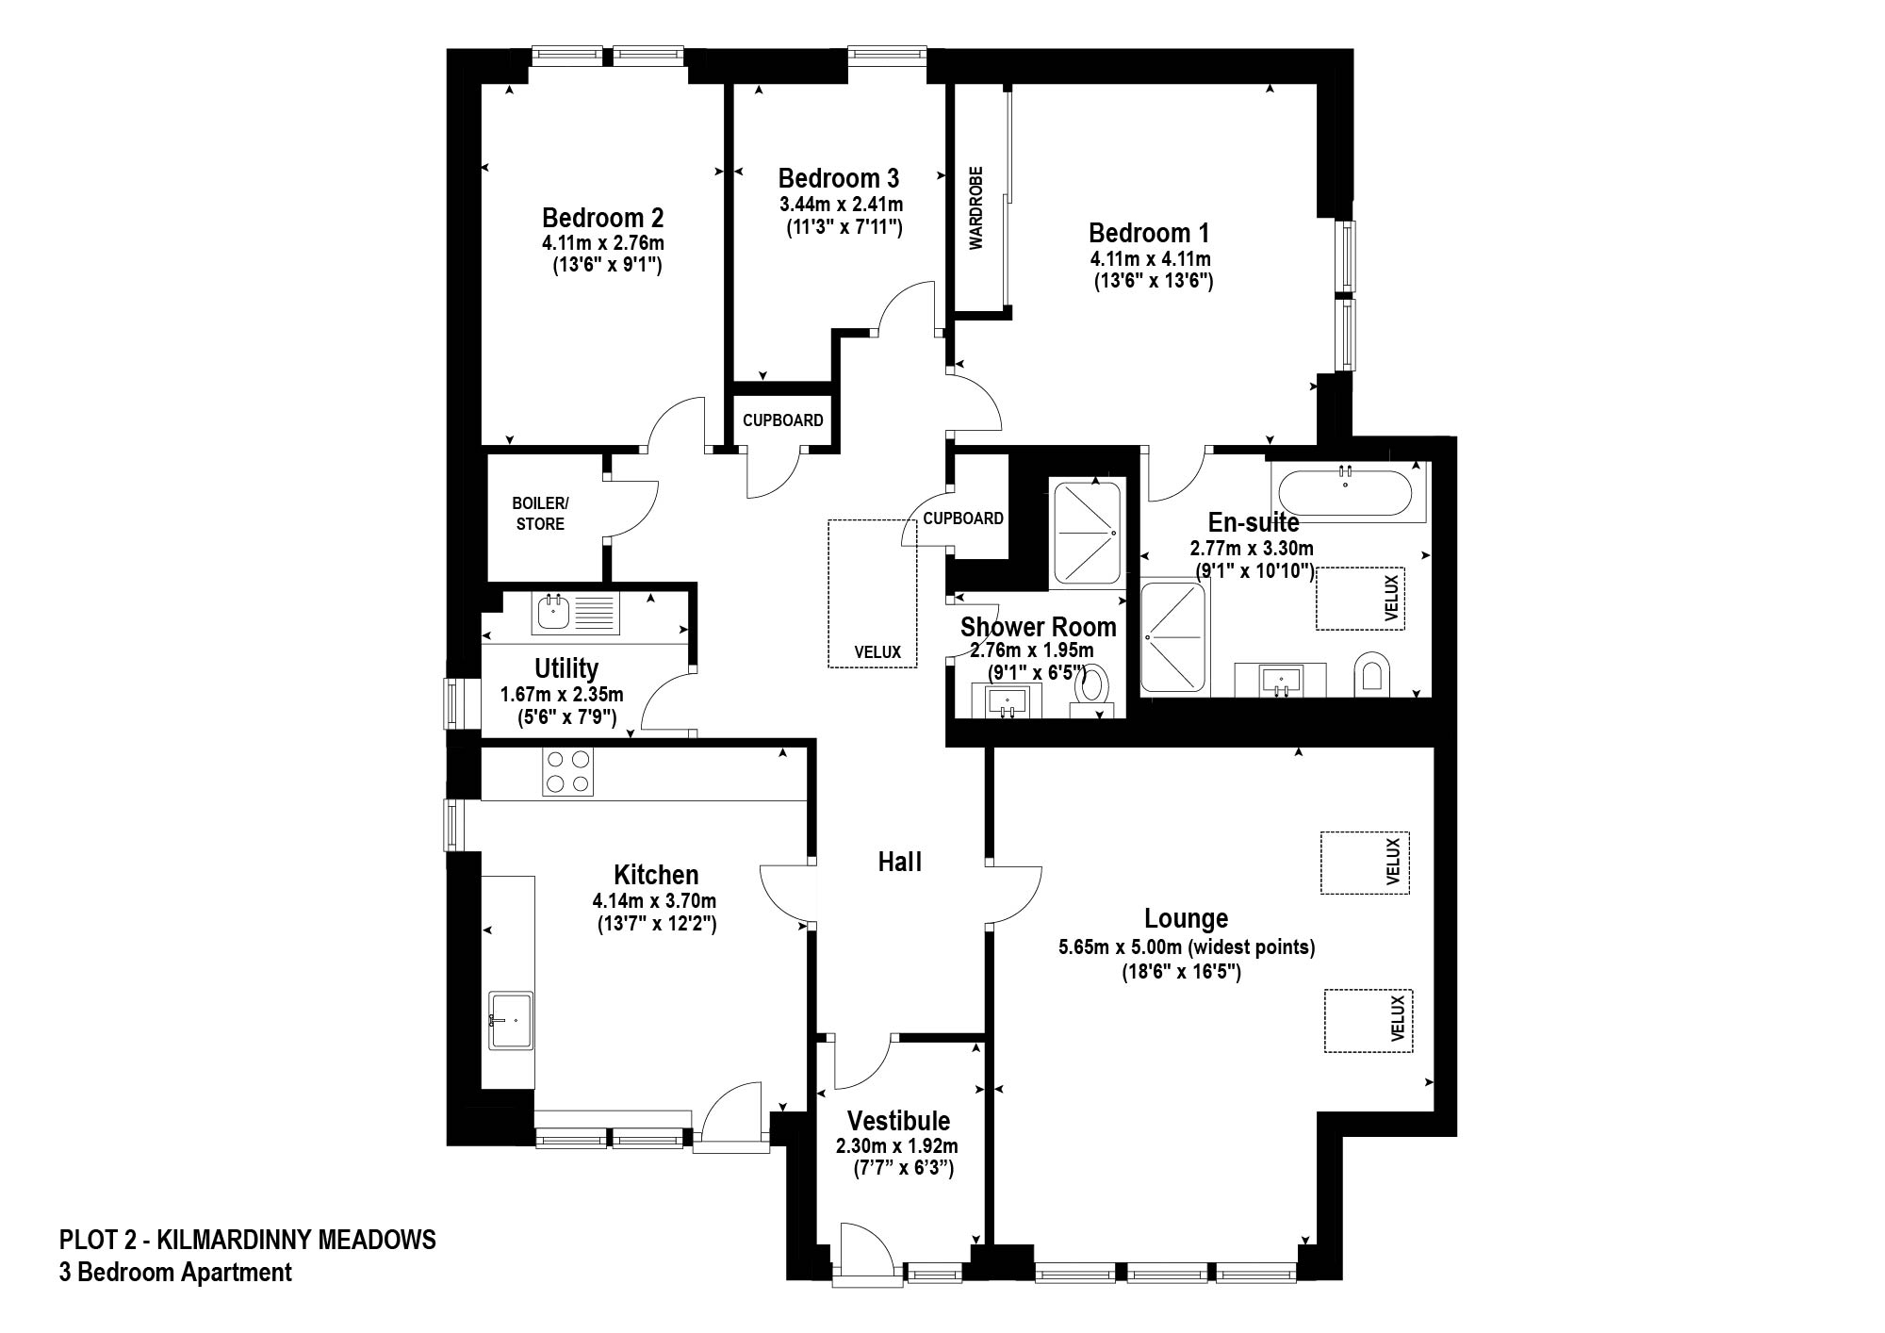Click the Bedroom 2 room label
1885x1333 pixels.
tap(602, 218)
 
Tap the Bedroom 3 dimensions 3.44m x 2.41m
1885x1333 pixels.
tap(841, 204)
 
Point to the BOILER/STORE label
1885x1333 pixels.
tap(540, 513)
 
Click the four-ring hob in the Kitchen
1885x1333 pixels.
tap(568, 771)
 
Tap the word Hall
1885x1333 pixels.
tap(899, 861)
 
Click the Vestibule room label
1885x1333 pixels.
tap(898, 1120)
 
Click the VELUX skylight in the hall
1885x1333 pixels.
tap(872, 593)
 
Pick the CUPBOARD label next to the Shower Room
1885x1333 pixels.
tap(963, 518)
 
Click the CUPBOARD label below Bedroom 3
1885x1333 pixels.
tap(783, 420)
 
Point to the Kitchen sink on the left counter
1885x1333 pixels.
tap(510, 1019)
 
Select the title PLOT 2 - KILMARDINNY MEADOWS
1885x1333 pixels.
tap(248, 1239)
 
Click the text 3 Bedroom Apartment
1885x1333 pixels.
tap(175, 1272)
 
